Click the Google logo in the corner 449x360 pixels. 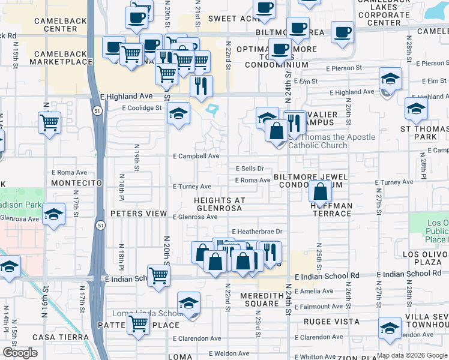(19, 353)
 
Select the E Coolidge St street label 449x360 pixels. (142, 108)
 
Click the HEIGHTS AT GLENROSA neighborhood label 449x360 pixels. (217, 204)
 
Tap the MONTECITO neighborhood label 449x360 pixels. (74, 182)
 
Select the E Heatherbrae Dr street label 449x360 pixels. (257, 232)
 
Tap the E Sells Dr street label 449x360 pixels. (250, 169)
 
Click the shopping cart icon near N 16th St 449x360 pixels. (49, 122)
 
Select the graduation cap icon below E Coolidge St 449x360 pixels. (178, 113)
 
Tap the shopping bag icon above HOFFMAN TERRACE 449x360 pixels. (321, 191)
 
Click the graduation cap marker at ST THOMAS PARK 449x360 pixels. (416, 108)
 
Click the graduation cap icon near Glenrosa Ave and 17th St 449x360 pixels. (53, 215)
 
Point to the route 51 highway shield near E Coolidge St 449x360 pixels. (97, 111)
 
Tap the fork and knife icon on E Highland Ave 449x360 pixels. (201, 85)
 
